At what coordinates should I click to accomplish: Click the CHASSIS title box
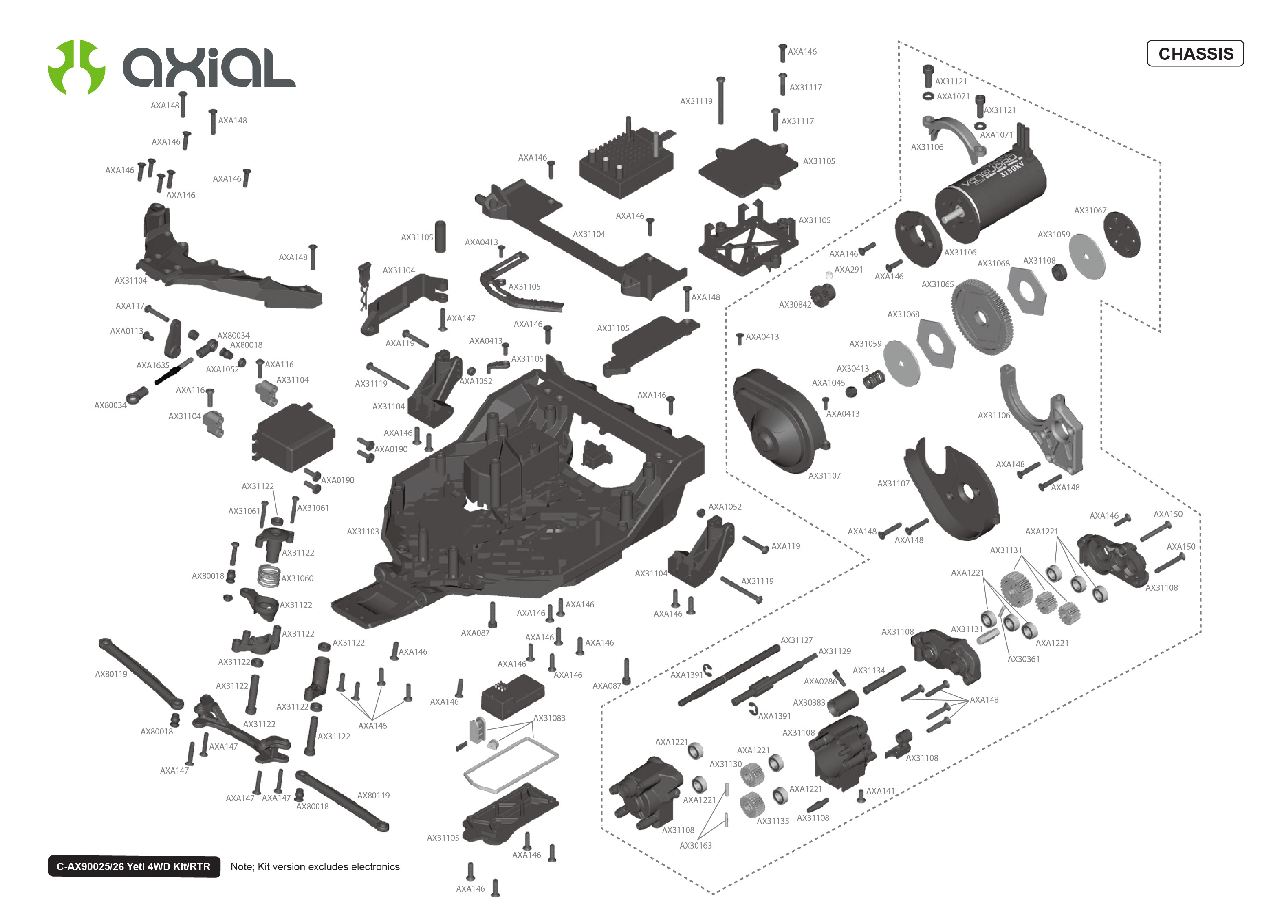1195,54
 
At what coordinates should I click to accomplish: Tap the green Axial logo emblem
77,67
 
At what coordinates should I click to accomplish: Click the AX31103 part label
363,531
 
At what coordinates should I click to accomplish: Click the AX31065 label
937,284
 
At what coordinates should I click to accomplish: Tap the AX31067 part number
1090,211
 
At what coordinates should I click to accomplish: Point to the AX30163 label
695,845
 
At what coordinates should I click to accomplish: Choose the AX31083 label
549,718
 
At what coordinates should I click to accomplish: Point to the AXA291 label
848,269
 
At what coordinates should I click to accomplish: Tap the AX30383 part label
808,702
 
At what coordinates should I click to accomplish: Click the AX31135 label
773,821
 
